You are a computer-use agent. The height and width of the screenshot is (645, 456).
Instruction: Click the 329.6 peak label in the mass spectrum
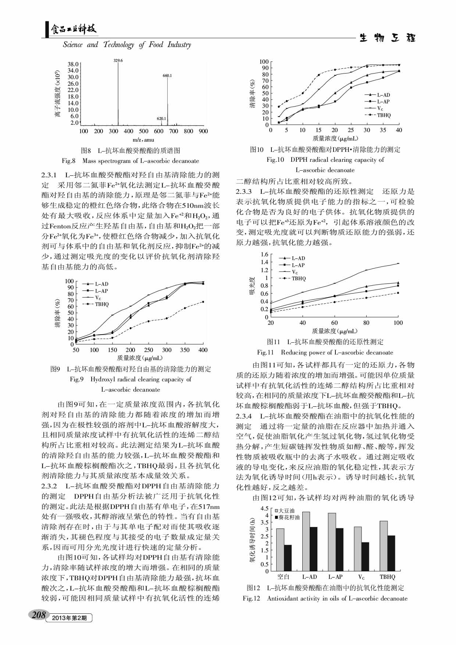118,60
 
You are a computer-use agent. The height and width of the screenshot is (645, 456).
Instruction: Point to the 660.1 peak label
167,75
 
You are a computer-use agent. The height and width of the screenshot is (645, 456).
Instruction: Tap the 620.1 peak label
161,118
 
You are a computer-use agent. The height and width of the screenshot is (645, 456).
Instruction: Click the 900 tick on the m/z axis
203,131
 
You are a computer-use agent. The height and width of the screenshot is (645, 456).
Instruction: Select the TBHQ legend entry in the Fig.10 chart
384,115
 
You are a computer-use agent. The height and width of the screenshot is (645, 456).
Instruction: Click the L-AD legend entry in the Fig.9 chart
101,284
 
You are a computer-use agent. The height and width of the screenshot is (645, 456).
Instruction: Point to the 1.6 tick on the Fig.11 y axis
264,254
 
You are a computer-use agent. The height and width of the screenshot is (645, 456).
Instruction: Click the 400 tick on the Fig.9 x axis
203,350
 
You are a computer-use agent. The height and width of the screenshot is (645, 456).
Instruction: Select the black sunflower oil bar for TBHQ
391,553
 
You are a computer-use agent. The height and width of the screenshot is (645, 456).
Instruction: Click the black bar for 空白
288,557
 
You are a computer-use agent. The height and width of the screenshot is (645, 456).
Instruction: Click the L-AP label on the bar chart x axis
335,577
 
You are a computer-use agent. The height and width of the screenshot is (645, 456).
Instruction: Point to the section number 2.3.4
244,416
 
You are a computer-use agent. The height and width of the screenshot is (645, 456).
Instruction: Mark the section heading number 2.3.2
49,486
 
